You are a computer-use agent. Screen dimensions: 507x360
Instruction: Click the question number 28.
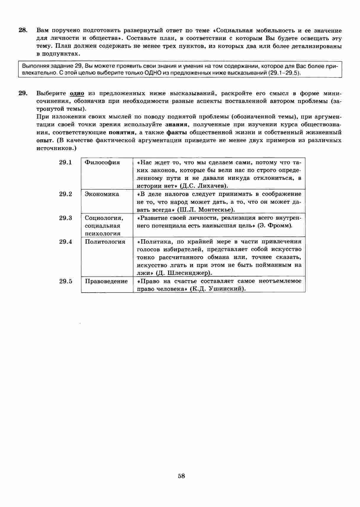(x=23, y=31)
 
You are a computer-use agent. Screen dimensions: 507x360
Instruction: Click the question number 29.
(x=23, y=94)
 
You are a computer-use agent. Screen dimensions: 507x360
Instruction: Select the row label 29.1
(x=65, y=163)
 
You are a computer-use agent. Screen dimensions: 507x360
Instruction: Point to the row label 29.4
(x=65, y=242)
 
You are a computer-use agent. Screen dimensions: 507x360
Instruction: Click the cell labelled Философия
(x=102, y=163)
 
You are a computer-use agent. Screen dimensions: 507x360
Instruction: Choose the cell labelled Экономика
(x=102, y=194)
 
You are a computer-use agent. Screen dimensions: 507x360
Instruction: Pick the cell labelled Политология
(x=105, y=242)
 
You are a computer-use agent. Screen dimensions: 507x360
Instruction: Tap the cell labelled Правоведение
(x=106, y=281)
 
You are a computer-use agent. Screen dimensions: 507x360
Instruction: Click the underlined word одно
(x=77, y=94)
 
